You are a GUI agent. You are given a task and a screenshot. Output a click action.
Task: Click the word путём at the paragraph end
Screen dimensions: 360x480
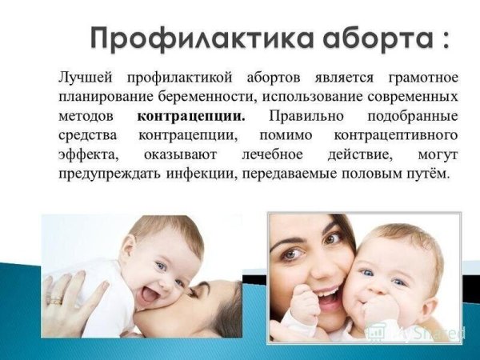(429, 173)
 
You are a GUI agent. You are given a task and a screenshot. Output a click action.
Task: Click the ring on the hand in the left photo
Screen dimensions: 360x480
(54, 299)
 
